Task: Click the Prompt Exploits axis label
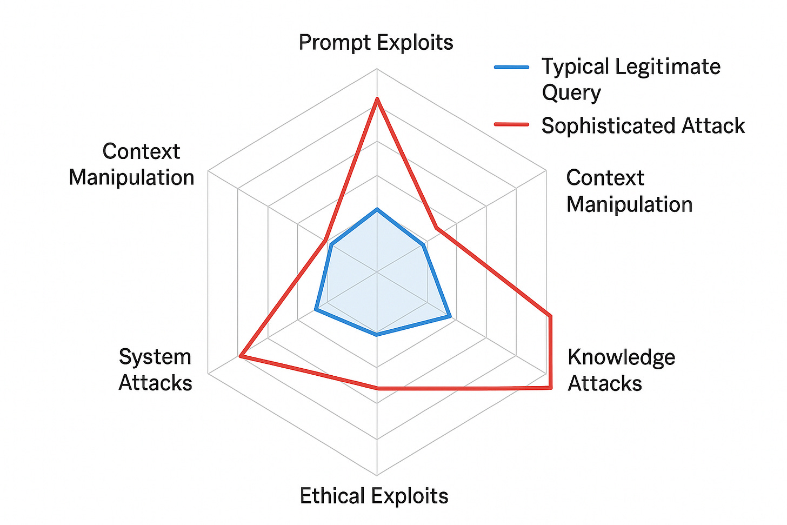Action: click(x=376, y=42)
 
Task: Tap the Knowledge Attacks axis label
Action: click(x=621, y=370)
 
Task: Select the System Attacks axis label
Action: click(x=155, y=370)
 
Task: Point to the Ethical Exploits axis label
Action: click(x=374, y=496)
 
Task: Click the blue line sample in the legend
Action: click(x=511, y=67)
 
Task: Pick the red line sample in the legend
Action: click(x=511, y=124)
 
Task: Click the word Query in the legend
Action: click(x=571, y=93)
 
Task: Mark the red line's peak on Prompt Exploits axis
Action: click(x=377, y=98)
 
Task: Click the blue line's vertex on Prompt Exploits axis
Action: click(x=377, y=209)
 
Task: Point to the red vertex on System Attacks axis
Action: click(x=241, y=356)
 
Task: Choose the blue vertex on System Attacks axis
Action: click(x=316, y=310)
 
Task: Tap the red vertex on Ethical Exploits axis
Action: click(x=377, y=388)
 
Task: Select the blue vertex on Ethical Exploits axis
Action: click(x=377, y=335)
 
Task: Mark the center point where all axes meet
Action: click(x=377, y=271)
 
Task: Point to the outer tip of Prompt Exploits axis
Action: click(x=377, y=69)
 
